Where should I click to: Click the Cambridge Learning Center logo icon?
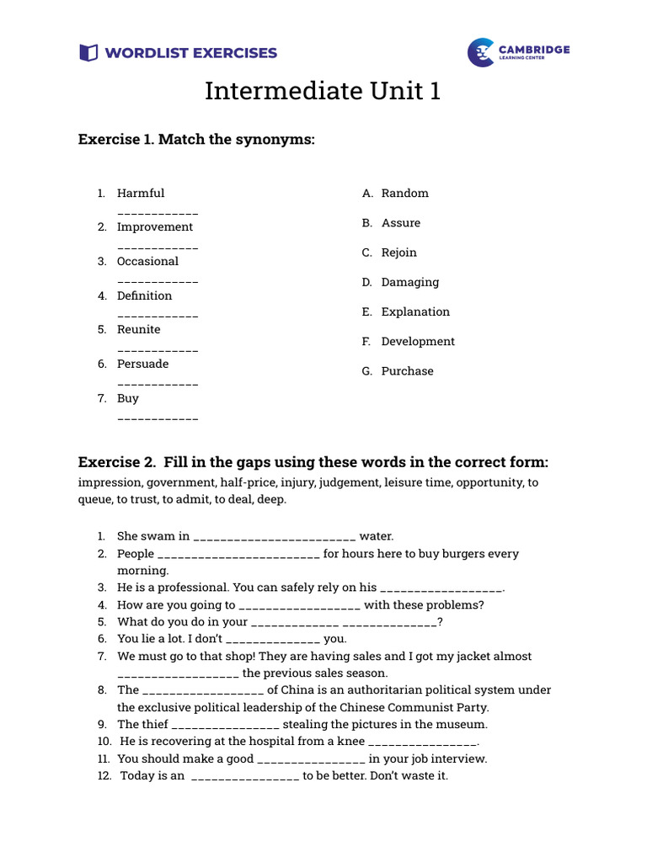coord(481,52)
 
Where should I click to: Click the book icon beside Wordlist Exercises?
coord(88,53)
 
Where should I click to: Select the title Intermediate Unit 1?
coord(323,91)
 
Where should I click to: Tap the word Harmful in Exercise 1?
coord(141,194)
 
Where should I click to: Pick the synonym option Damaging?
coord(410,282)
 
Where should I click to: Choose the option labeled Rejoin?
coord(399,253)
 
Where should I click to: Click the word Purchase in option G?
coord(408,371)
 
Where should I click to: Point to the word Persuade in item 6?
coord(143,364)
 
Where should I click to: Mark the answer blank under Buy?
coord(158,418)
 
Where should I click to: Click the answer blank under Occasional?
coord(158,281)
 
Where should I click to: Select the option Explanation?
coord(416,311)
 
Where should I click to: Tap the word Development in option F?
coord(418,342)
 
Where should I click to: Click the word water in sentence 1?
coord(377,536)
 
